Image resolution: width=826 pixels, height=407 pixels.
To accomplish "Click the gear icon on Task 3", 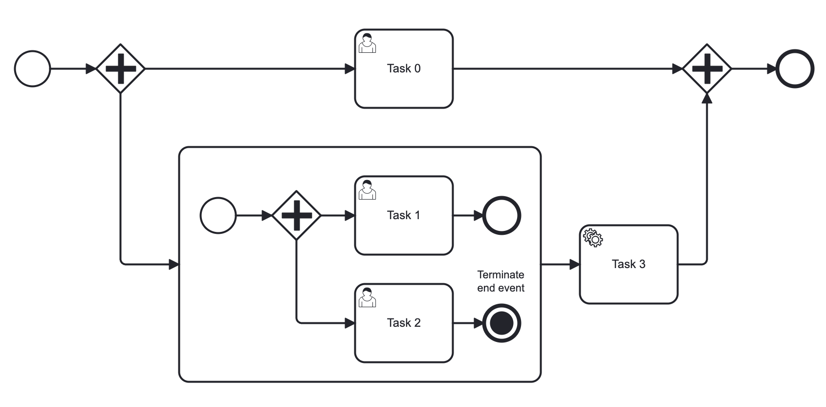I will point(593,238).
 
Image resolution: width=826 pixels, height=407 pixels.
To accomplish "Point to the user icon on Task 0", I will point(368,43).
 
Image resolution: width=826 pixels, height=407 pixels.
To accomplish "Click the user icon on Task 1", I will point(368,190).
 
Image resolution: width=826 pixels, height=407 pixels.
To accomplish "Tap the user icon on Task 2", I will point(368,297).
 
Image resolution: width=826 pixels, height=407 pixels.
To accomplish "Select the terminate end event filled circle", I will point(501,323).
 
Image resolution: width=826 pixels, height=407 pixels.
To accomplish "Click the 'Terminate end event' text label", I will point(500,281).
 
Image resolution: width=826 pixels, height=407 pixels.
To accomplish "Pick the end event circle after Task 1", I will point(501,216).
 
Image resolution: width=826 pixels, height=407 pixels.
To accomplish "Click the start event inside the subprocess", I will point(218,216).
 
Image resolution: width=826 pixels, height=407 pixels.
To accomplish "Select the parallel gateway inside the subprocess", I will point(296,216).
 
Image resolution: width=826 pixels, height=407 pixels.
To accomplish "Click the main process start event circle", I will point(33,69).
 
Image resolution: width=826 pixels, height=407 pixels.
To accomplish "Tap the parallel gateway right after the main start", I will point(120,69).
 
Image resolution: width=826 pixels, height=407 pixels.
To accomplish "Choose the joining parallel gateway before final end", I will point(707,69).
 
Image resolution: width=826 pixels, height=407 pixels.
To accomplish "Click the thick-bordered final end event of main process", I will point(795,69).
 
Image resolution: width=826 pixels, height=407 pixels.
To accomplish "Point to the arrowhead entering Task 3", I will point(575,265).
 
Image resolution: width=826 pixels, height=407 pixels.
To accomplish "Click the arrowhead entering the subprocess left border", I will point(174,265).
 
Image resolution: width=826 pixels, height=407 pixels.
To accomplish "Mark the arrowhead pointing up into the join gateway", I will point(707,98).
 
